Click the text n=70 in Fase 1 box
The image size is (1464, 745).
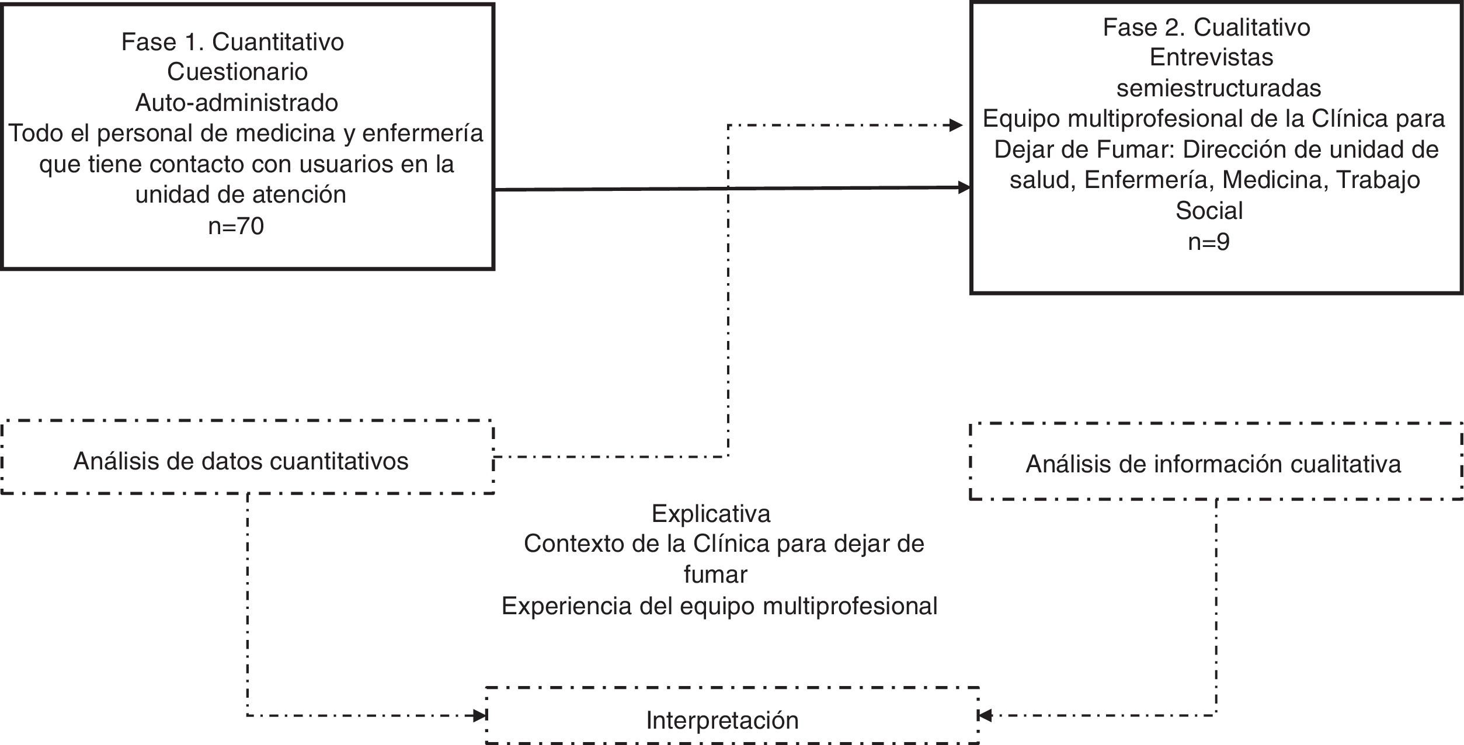[236, 226]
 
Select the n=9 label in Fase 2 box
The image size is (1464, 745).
[1209, 241]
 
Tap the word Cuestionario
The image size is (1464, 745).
[237, 72]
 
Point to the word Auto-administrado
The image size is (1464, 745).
[237, 103]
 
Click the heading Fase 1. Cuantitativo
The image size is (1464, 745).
[232, 42]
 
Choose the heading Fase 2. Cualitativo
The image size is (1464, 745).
[1206, 27]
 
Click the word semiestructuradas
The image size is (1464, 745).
[1210, 88]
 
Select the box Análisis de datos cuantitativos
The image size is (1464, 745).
[241, 461]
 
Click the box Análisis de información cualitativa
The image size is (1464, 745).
[1213, 464]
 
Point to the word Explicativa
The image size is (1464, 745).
[711, 514]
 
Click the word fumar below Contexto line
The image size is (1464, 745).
[715, 575]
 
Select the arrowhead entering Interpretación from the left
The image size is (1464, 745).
[480, 715]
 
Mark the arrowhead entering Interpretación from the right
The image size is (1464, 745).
[985, 715]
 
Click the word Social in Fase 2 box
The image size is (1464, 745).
[1209, 210]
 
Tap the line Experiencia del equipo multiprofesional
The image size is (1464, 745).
[719, 606]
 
